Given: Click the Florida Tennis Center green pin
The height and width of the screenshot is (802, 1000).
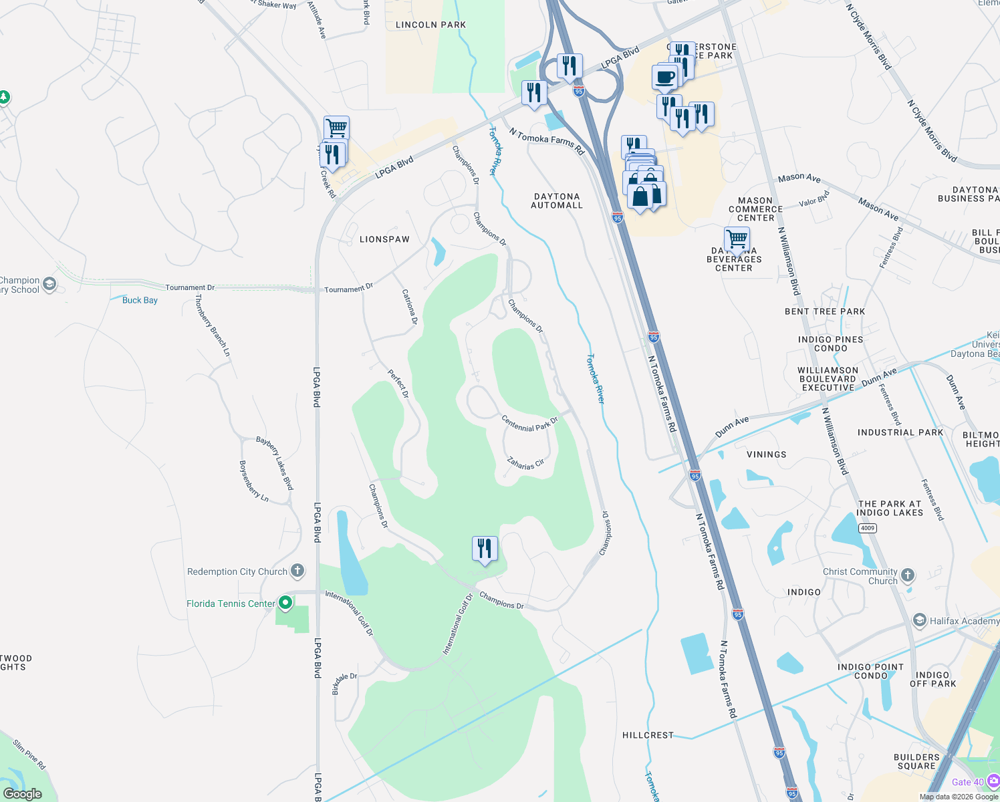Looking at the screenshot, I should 285,603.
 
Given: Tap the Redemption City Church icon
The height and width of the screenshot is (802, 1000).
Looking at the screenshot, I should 298,571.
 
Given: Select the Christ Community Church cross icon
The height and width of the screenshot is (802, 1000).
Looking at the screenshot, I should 907,575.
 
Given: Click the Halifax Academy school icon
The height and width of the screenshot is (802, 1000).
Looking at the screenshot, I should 920,620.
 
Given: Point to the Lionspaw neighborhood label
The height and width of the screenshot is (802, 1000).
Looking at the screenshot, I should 384,239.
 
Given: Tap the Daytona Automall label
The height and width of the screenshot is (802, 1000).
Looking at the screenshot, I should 557,201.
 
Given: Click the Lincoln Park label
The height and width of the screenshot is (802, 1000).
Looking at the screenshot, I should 430,25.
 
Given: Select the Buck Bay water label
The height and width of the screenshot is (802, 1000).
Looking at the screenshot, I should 140,300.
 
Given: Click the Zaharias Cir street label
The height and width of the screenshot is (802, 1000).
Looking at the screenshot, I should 525,462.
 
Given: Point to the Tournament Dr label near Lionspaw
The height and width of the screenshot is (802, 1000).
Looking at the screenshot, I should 348,289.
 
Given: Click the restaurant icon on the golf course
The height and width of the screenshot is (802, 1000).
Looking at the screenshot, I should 485,548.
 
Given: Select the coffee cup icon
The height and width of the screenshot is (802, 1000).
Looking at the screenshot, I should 664,77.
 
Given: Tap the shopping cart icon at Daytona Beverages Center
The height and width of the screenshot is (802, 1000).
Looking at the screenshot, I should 737,238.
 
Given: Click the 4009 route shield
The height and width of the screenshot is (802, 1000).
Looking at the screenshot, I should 867,528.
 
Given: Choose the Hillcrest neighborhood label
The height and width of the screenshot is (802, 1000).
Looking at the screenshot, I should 648,735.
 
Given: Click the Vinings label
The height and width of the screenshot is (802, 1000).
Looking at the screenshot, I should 766,454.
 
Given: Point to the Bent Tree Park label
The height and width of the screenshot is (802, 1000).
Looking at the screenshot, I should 825,311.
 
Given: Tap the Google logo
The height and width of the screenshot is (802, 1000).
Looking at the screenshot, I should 23,793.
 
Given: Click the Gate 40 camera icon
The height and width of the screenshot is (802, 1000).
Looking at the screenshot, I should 993,781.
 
